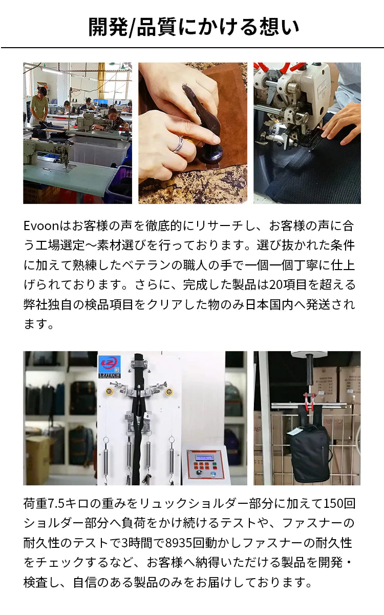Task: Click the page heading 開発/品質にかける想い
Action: [194, 27]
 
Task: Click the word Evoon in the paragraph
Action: [41, 225]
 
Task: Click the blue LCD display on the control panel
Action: [204, 457]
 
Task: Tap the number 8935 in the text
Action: [179, 543]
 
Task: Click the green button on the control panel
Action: [215, 464]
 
